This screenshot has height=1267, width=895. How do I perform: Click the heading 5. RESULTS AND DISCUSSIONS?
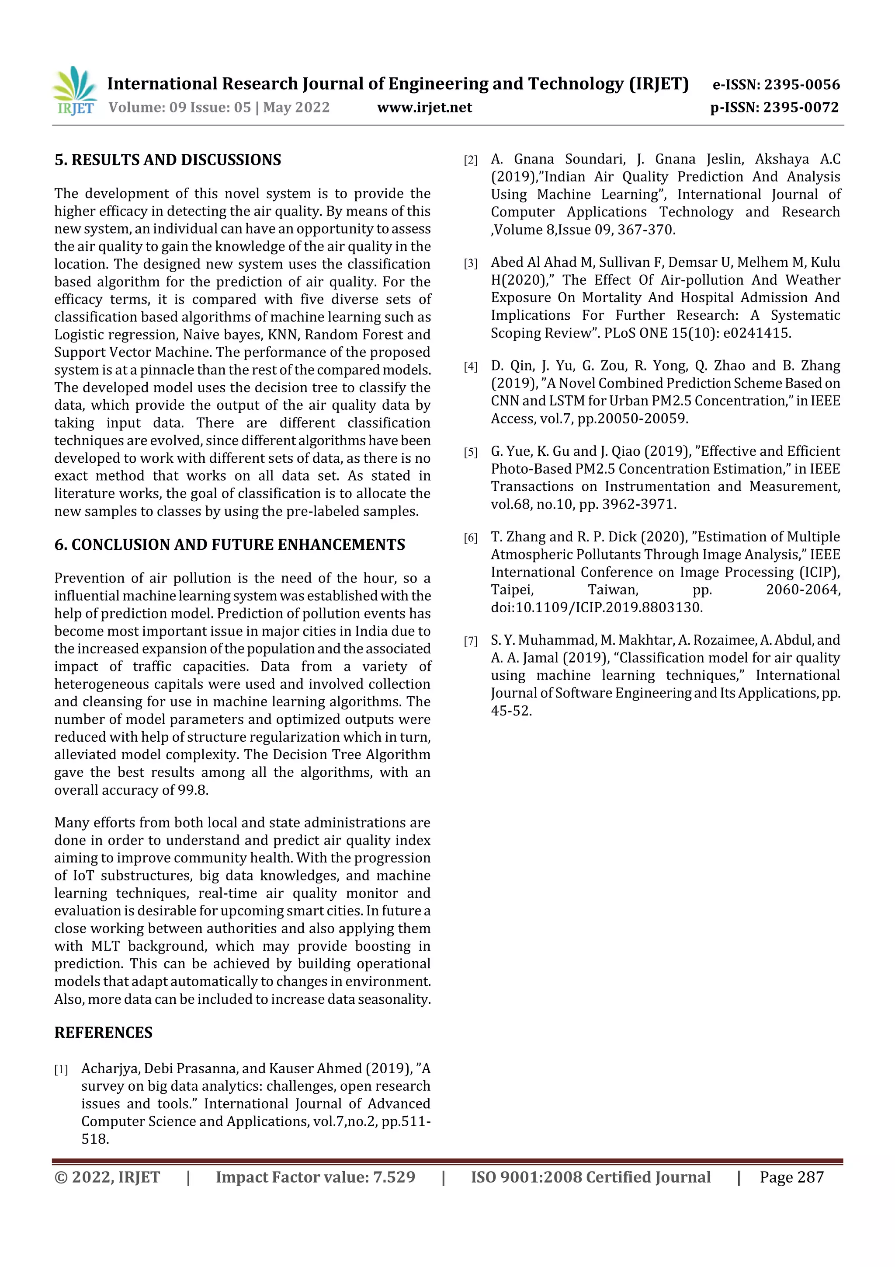click(168, 160)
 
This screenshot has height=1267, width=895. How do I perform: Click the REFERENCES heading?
click(103, 1033)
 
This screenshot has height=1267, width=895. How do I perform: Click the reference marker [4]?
click(470, 367)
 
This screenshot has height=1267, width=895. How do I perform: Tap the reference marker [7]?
click(470, 641)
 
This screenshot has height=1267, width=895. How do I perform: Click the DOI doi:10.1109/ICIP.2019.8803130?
click(596, 607)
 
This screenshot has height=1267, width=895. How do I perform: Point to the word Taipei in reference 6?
click(512, 590)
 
